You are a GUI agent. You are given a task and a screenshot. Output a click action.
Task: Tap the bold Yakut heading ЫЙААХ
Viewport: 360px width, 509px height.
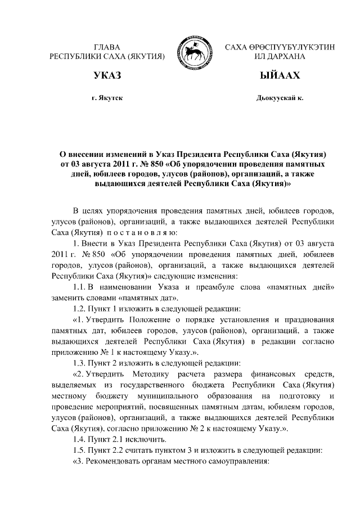click(x=280, y=75)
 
